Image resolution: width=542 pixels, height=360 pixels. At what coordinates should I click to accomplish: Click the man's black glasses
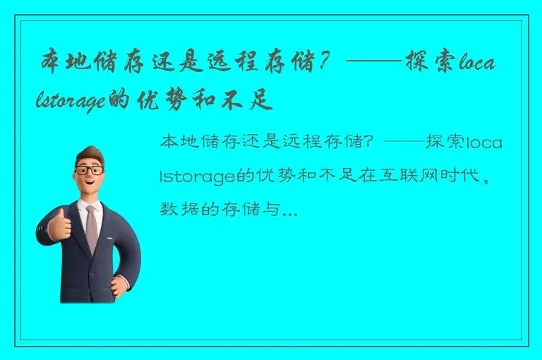click(x=90, y=170)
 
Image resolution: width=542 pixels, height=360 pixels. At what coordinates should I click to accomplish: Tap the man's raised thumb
click(x=59, y=214)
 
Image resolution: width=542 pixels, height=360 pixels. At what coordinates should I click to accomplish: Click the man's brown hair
click(x=88, y=153)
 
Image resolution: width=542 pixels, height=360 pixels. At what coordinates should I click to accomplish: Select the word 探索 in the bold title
click(x=431, y=61)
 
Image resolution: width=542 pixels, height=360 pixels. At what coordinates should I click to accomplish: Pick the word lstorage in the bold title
click(x=70, y=102)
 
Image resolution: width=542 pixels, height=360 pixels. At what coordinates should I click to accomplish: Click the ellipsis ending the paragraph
click(x=289, y=210)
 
